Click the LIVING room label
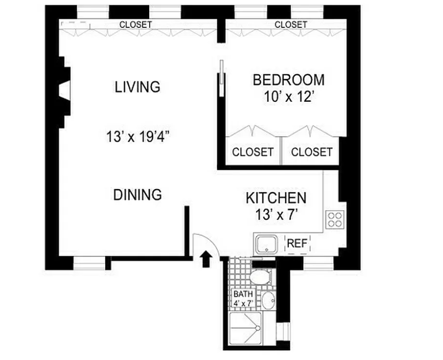click(137, 87)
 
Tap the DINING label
click(137, 195)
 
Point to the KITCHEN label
click(276, 198)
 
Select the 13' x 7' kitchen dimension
click(276, 216)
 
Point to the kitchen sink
click(267, 245)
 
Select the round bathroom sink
click(268, 300)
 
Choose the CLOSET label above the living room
click(135, 24)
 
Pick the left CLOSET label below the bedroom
click(253, 152)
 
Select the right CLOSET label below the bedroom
click(311, 152)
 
